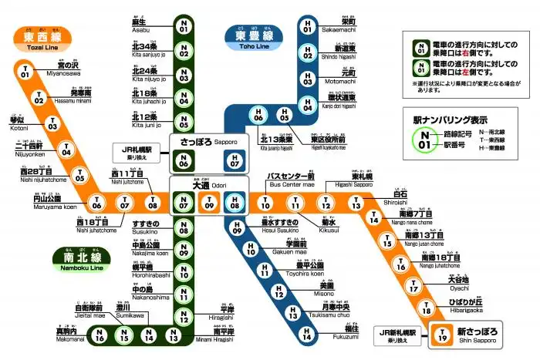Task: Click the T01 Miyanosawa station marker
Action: [25, 72]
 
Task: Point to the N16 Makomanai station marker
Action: [99, 335]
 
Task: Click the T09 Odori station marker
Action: [209, 204]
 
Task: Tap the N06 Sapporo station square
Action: [184, 162]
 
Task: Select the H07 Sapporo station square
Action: [235, 162]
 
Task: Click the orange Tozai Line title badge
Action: [39, 36]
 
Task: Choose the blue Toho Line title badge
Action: [247, 36]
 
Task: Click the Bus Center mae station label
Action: [290, 180]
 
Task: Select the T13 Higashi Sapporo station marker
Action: [356, 204]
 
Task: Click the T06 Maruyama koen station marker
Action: [97, 204]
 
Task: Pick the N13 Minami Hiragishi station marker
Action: [174, 335]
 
